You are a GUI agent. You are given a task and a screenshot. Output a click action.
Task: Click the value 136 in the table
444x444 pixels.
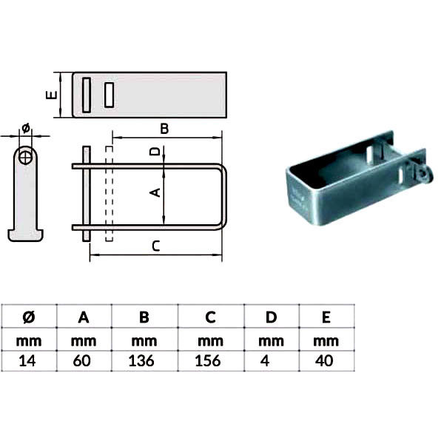141,361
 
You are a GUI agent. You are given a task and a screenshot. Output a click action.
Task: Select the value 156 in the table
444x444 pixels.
208,361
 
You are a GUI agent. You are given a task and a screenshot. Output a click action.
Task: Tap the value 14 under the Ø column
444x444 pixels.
27,361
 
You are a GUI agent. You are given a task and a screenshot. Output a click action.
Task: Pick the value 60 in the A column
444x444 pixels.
82,361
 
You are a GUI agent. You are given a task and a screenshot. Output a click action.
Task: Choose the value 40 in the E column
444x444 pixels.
324,361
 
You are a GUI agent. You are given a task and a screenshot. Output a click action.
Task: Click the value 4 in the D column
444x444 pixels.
265,361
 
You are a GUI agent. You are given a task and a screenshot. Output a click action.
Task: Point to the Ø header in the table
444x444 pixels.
29,317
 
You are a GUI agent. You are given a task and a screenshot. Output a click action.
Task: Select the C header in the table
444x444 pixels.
210,317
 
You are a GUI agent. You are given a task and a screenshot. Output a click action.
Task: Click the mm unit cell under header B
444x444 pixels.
144,341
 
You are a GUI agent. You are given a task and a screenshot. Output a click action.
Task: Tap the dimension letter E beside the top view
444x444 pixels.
52,95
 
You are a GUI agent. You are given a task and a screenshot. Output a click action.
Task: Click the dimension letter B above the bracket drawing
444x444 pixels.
164,129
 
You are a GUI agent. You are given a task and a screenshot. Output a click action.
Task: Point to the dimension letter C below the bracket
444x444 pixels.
156,246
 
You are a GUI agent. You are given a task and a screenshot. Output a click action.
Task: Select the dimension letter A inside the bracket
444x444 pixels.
155,192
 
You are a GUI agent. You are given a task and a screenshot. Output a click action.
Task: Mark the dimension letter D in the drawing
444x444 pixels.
155,152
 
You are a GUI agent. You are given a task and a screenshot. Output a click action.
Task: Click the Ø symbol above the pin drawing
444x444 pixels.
25,128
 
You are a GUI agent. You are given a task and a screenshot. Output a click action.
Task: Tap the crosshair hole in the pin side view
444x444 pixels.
25,157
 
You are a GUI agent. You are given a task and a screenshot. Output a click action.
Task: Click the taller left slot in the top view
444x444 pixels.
87,95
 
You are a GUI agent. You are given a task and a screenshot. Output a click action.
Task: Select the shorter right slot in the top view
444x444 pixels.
109,95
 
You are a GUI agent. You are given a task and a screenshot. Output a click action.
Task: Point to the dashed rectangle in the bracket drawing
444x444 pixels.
109,194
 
